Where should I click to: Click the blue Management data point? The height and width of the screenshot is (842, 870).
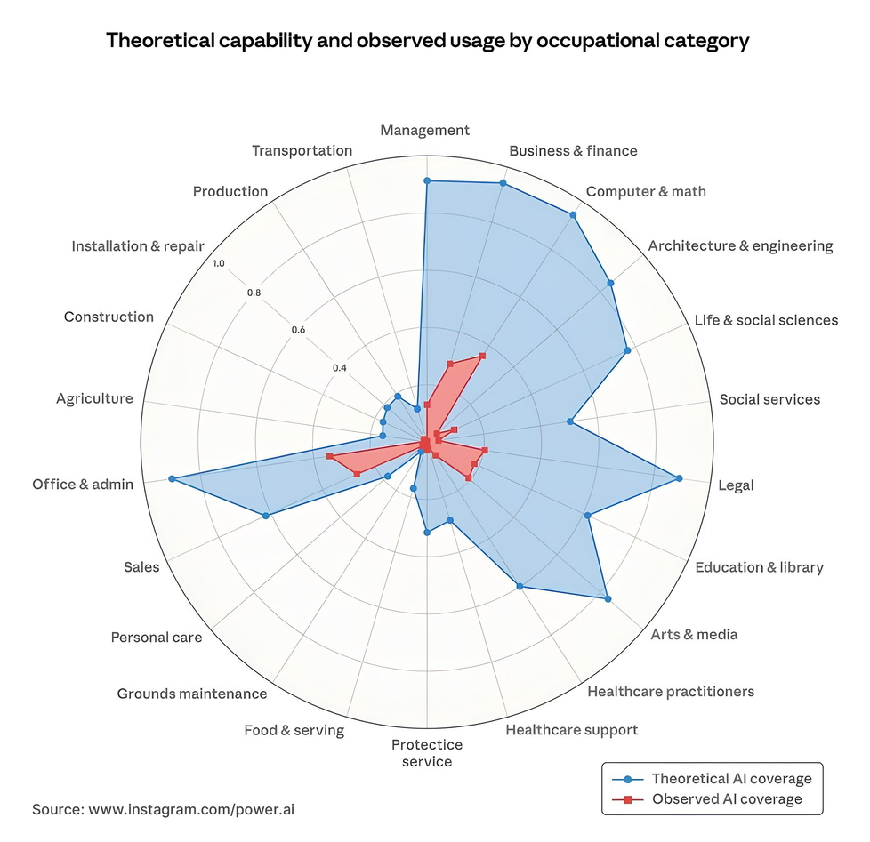coord(427,180)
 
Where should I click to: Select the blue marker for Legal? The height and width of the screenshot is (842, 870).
coord(680,478)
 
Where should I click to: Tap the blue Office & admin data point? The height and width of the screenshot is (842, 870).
coord(172,479)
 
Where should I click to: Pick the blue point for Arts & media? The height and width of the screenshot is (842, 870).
coord(608,599)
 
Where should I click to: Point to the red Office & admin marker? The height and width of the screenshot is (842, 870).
coord(329,456)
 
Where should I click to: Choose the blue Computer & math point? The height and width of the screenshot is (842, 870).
coord(573,214)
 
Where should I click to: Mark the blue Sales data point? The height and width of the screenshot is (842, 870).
coord(266,516)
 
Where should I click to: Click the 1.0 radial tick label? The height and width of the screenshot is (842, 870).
coord(219,263)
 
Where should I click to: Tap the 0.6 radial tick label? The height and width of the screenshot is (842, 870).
coord(298,330)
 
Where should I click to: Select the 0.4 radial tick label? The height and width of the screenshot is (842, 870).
coord(338,368)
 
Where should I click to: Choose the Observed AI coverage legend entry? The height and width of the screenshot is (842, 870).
coord(726,799)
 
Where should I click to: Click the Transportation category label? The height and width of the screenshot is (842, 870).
coord(302,150)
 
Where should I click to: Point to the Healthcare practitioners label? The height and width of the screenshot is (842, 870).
coord(671,691)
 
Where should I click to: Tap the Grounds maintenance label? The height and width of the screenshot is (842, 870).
coord(192,694)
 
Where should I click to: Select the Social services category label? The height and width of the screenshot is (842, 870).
coord(769,399)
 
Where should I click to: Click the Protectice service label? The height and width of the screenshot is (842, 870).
coord(427,753)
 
